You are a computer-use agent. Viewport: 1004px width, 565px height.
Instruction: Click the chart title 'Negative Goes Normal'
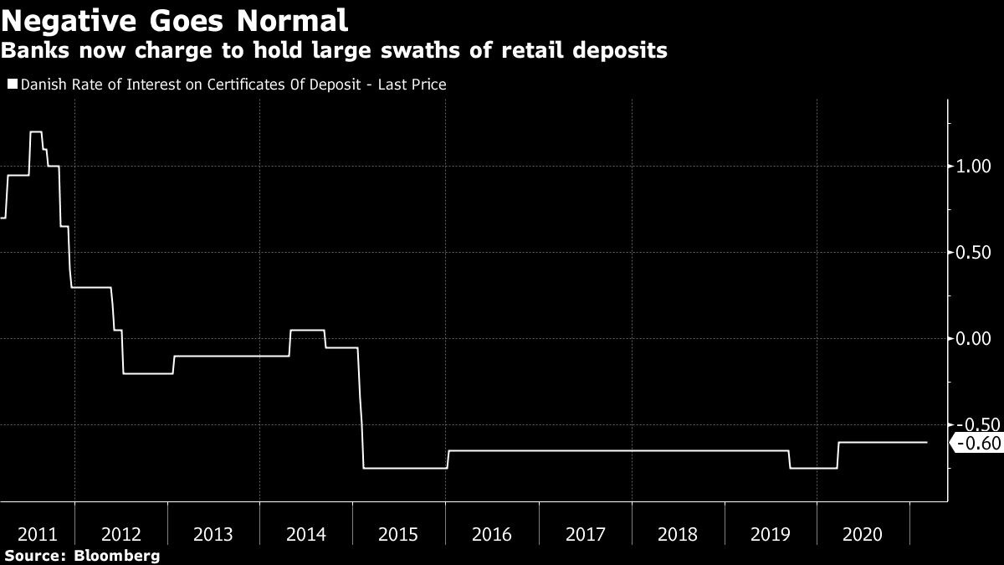tap(175, 19)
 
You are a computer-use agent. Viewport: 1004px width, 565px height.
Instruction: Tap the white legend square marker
tap(12, 84)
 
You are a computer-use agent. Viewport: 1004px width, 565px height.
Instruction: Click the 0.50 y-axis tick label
tap(973, 252)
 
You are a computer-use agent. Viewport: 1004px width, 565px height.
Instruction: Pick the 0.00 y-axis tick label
tap(973, 338)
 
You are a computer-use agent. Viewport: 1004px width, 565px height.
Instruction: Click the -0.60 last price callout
tap(976, 444)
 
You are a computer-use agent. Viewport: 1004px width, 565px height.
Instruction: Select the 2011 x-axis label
tap(38, 534)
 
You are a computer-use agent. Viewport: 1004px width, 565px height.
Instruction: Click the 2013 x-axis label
tap(213, 534)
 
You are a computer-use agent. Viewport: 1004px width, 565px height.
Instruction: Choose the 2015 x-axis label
tap(399, 534)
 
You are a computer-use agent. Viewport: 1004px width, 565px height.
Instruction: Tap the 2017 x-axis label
tap(585, 534)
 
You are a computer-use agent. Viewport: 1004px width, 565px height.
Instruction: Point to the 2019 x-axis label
tap(771, 534)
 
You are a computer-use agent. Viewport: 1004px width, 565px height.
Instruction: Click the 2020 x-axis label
tap(863, 534)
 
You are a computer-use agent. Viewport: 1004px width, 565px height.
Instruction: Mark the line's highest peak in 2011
tap(36, 132)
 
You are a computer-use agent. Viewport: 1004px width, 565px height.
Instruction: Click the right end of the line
tap(926, 442)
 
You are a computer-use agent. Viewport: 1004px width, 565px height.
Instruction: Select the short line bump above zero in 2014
tap(307, 331)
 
